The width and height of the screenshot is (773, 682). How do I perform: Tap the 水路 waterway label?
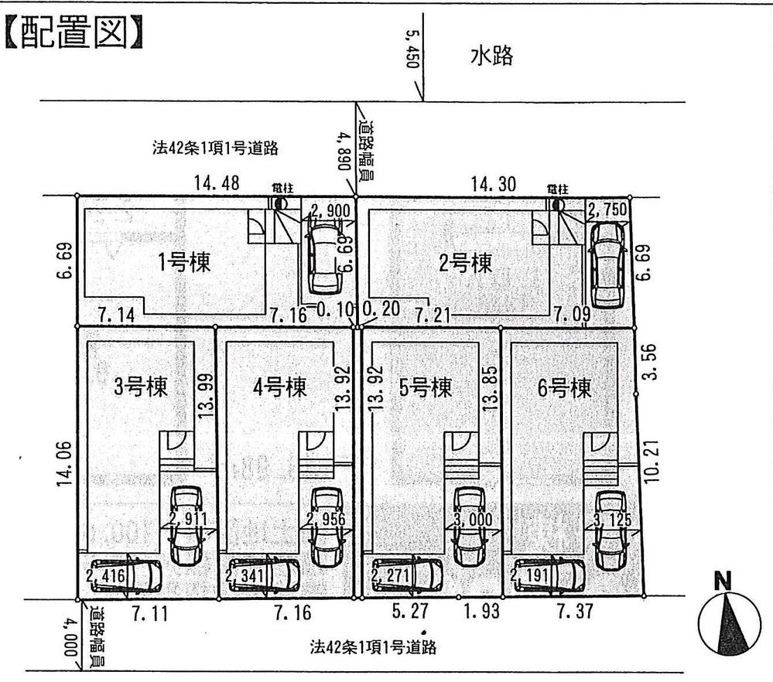[x=491, y=56]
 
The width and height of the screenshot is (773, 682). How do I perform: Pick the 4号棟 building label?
[x=280, y=386]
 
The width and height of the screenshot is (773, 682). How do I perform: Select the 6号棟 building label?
[x=564, y=386]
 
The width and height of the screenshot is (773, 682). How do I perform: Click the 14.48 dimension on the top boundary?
[x=217, y=183]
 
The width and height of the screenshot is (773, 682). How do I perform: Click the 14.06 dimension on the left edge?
[x=66, y=463]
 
